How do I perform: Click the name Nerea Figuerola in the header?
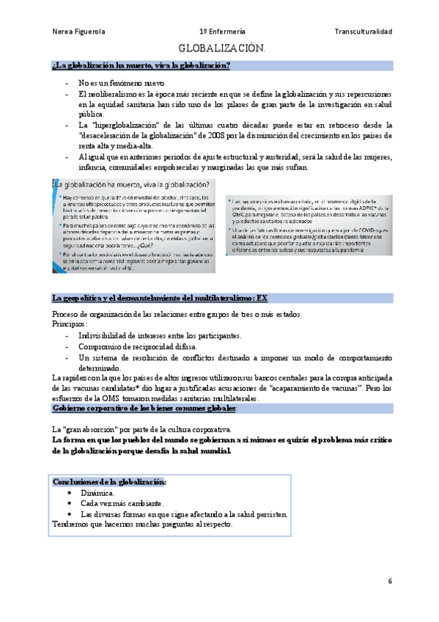click(x=79, y=32)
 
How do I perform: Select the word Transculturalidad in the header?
click(x=363, y=32)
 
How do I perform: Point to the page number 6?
click(x=390, y=581)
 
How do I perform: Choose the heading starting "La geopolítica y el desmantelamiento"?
click(x=155, y=299)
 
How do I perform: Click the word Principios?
click(x=70, y=323)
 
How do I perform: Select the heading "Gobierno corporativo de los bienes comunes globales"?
click(x=144, y=408)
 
